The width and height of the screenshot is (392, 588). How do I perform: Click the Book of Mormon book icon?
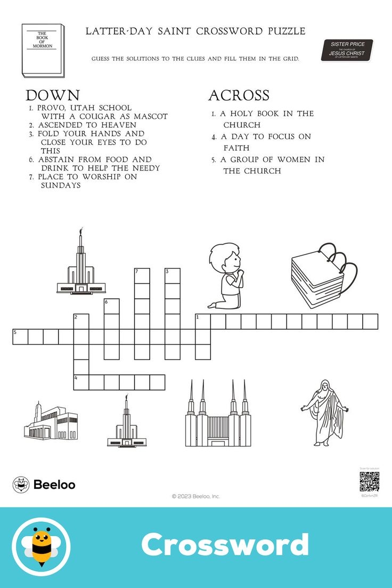(x=43, y=50)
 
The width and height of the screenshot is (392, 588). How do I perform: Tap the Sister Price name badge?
(x=347, y=50)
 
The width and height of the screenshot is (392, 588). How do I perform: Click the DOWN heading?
(x=53, y=95)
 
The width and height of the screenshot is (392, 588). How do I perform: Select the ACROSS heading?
(x=239, y=95)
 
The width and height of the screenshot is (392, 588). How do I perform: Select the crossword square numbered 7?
(x=142, y=276)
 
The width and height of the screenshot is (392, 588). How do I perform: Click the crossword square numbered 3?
(x=172, y=276)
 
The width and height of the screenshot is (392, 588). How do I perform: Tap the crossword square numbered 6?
(x=111, y=306)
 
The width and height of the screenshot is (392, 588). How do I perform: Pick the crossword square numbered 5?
(x=20, y=337)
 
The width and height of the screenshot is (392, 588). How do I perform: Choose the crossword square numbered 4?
(x=81, y=382)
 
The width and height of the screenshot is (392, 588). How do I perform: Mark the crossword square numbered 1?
(x=202, y=321)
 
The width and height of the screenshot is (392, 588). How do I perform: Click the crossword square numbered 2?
(x=81, y=321)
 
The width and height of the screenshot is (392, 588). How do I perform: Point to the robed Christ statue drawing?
(x=324, y=412)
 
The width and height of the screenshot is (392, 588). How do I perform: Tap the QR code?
(x=369, y=481)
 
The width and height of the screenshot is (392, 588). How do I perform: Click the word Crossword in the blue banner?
(x=225, y=545)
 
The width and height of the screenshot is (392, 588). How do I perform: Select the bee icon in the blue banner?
(x=41, y=546)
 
